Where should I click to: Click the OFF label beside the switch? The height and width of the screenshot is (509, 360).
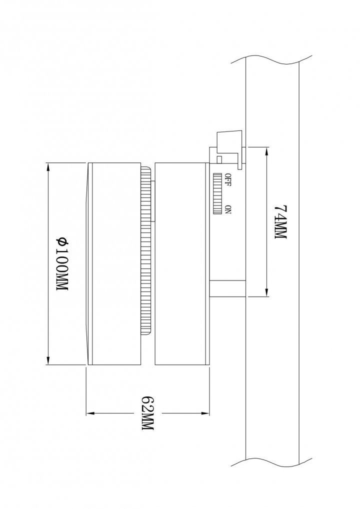click(228, 180)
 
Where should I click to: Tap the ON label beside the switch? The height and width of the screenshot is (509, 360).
click(228, 209)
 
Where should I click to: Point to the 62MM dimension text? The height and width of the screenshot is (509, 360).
click(147, 413)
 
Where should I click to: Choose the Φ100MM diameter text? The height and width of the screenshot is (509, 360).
click(62, 264)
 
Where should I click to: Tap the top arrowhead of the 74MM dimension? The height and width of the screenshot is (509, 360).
click(267, 151)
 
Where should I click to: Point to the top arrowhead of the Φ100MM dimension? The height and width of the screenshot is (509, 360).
click(48, 167)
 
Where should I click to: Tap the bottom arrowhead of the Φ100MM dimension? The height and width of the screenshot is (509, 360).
click(48, 360)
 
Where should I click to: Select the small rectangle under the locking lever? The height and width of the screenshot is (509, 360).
click(219, 159)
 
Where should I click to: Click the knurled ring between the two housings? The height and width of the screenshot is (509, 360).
click(145, 250)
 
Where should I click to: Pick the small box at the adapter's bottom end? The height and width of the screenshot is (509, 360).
click(227, 288)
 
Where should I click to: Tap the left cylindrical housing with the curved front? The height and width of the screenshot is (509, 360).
click(114, 263)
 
